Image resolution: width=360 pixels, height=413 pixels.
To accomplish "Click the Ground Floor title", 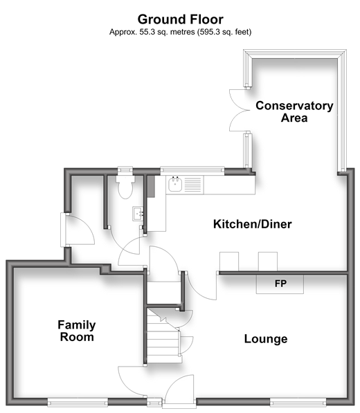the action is [x=180, y=19].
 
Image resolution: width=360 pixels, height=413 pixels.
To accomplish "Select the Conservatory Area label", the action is [x=294, y=111].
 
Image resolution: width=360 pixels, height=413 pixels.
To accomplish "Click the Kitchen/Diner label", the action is [x=252, y=224].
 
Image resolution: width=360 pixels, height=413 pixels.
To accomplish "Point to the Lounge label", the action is [x=266, y=339].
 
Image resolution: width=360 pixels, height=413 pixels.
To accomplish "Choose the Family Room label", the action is [x=77, y=331].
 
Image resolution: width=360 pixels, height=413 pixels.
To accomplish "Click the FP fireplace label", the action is [x=280, y=284].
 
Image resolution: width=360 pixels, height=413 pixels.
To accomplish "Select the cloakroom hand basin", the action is [x=138, y=214].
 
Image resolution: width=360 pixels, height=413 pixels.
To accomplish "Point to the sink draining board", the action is [x=192, y=185].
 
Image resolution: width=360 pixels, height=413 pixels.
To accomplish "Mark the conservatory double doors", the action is [x=239, y=111].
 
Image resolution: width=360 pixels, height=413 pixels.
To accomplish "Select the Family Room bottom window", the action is [x=78, y=402].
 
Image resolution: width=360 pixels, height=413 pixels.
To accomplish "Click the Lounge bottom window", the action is [x=298, y=402].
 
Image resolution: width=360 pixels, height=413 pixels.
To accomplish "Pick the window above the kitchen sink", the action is [x=192, y=170].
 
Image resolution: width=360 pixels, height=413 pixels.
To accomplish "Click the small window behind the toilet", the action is [x=125, y=170].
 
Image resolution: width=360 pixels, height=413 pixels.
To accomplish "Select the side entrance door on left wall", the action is [x=78, y=230].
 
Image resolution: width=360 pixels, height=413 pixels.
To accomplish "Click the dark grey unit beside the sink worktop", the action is [x=151, y=186].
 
